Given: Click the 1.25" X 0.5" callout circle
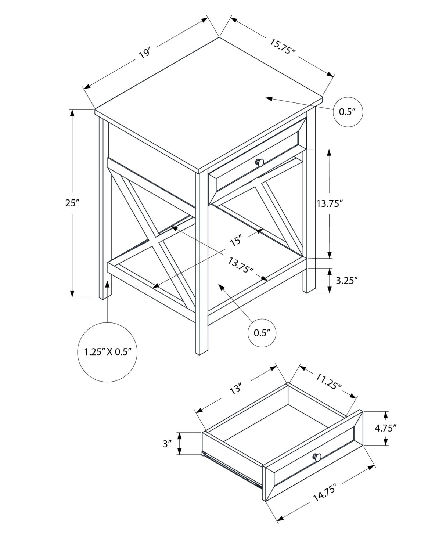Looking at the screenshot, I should click(108, 352).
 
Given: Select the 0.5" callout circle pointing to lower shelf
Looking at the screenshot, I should click(262, 333).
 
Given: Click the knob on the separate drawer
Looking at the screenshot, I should click(317, 457).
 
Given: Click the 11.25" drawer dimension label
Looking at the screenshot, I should click(328, 380).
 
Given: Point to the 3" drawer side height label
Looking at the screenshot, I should click(168, 444).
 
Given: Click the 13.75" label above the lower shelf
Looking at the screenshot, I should click(241, 265).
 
